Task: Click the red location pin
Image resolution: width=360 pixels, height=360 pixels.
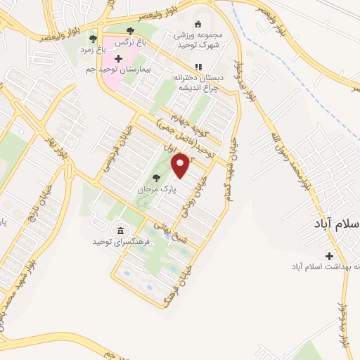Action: coord(182,165)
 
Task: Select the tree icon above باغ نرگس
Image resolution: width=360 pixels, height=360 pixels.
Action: coord(131,30)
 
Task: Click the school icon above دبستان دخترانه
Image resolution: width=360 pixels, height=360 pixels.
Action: coord(198,67)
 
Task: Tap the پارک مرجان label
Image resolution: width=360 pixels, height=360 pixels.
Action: coord(155,190)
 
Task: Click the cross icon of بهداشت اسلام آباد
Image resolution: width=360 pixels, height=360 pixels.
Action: coord(328,256)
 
